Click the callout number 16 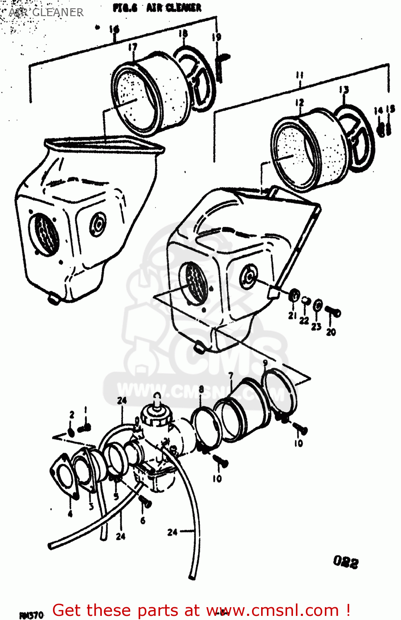[114, 29]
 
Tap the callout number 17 [132, 47]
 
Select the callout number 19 [216, 37]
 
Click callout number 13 [344, 90]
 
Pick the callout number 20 [331, 331]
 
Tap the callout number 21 [292, 315]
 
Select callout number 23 [316, 327]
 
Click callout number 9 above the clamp [265, 362]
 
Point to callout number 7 [231, 375]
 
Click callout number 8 [201, 389]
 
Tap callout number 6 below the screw [143, 520]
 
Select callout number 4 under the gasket [70, 514]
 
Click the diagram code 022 [346, 562]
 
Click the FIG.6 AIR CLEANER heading [157, 8]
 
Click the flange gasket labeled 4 [64, 475]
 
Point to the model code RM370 [31, 615]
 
